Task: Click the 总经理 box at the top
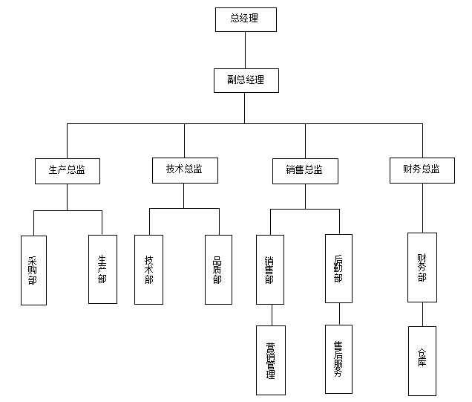245,19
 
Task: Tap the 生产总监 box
67,170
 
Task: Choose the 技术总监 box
184,169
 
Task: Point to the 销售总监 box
304,170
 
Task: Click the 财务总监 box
422,169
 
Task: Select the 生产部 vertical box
102,269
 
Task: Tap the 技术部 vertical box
149,269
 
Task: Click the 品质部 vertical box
218,269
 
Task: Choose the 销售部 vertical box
269,269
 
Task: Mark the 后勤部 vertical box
338,268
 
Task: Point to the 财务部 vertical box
422,268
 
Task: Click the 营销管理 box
270,360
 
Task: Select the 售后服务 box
338,359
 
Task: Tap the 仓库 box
422,360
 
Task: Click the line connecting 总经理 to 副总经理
245,50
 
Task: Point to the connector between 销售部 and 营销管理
270,314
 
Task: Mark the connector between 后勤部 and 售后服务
338,314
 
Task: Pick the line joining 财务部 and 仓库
422,314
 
